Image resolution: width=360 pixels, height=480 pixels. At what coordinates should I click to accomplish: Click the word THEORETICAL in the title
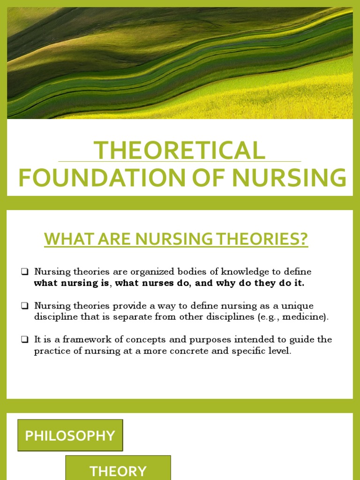(180, 150)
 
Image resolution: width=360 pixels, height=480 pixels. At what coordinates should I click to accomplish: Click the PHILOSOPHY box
(70, 435)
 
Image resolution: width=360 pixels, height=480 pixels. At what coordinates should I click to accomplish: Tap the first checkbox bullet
(25, 272)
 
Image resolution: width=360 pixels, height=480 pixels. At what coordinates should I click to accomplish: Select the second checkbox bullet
(25, 306)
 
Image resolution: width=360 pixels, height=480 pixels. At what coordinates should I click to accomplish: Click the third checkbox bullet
(25, 339)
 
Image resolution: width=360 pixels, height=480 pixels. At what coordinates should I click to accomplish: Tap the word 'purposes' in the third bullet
(191, 339)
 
